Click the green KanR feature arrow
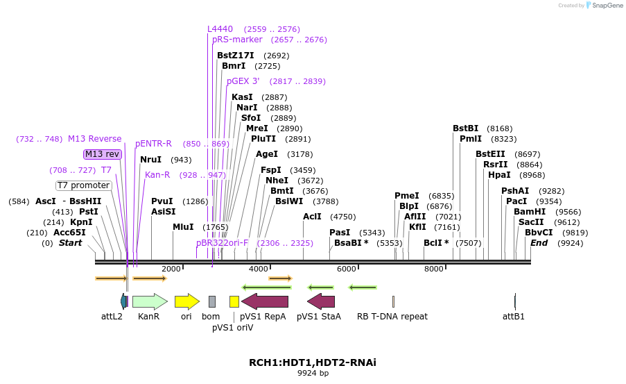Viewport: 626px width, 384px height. coord(149,301)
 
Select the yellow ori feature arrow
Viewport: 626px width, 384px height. coord(186,301)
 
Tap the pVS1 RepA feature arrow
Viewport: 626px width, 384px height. coord(265,301)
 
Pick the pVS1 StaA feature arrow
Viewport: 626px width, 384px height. coord(321,301)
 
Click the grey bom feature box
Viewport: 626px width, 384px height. coord(212,301)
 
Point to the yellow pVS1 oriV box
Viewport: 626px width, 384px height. coord(234,301)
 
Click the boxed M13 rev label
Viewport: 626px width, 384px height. coord(103,154)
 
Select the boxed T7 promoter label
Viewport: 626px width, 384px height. coord(84,185)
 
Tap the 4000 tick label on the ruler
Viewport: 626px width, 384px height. coord(259,269)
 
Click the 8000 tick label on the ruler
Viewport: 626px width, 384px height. coord(434,269)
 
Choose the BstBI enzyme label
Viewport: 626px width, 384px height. coord(466,128)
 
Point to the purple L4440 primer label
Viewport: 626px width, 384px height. coord(220,29)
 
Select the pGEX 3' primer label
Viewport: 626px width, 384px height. coord(243,81)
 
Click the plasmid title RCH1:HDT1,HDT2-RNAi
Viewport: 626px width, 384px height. coord(313,362)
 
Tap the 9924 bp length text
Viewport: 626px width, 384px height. coord(313,374)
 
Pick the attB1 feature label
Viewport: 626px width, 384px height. coord(514,317)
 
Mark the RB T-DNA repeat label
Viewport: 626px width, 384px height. coord(392,317)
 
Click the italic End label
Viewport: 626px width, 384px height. coord(539,243)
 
